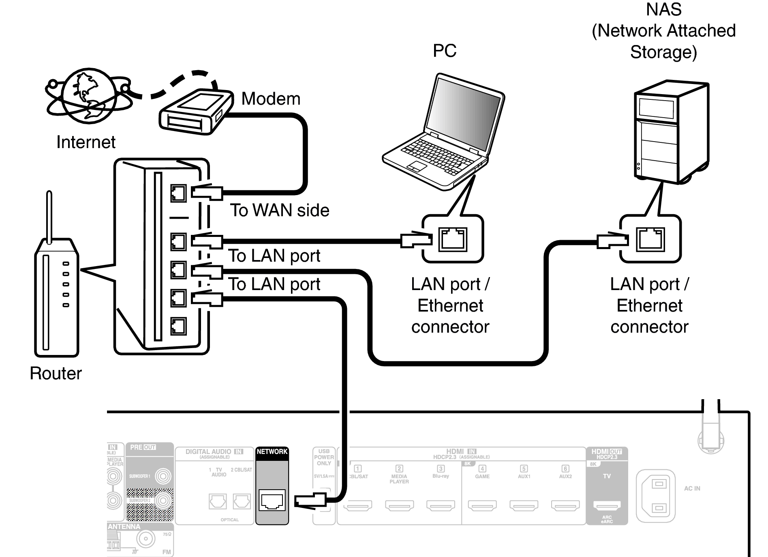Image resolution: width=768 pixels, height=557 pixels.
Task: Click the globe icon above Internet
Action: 86,96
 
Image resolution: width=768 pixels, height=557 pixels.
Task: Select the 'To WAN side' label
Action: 280,210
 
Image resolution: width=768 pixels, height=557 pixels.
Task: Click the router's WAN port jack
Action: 178,193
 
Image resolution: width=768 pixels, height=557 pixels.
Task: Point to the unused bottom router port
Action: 178,326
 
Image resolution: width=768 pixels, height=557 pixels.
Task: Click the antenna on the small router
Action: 49,217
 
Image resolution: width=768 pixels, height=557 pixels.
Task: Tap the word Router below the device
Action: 56,373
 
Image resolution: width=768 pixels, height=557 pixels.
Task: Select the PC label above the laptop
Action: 444,51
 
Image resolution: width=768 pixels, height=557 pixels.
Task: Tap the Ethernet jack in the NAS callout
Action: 651,239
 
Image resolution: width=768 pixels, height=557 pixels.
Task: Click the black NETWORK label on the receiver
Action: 272,452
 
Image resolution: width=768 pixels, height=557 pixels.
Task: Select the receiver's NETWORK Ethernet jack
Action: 272,501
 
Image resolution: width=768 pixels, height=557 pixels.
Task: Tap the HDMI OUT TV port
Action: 607,505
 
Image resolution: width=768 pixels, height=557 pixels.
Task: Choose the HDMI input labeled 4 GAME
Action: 482,505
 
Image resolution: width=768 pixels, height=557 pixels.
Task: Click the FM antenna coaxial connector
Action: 145,539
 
